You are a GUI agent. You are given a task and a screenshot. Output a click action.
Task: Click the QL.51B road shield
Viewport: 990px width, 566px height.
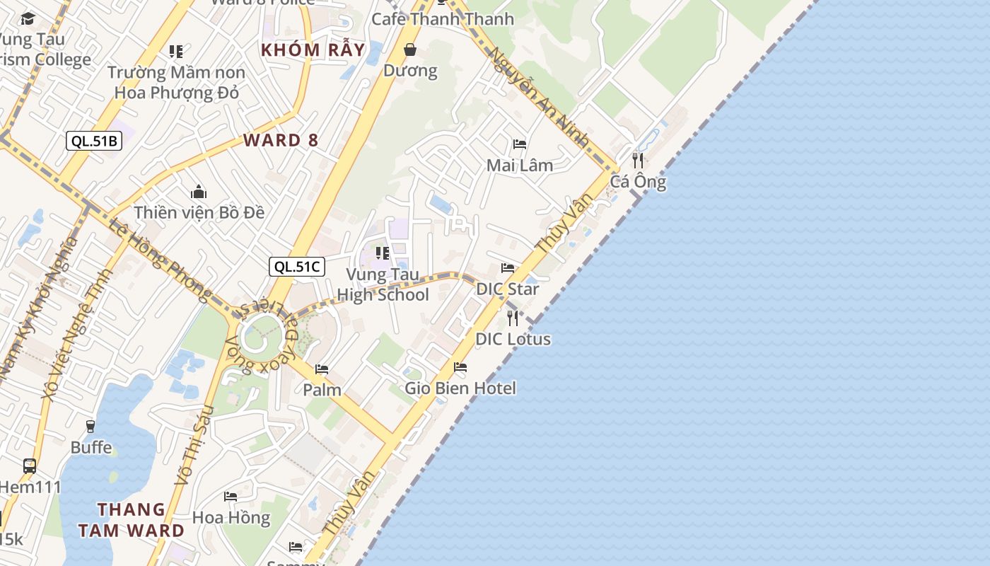coord(94,141)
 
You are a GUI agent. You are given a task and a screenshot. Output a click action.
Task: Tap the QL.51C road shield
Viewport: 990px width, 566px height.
coord(297,267)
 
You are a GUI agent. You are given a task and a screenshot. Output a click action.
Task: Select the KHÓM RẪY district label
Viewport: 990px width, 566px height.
coord(313,50)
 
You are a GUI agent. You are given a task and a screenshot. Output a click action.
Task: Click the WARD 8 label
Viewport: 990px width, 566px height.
coord(281,140)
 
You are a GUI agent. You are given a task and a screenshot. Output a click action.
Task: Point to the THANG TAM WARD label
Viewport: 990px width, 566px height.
coord(132,520)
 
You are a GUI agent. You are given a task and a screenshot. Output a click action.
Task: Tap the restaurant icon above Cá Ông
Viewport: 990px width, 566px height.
coord(638,160)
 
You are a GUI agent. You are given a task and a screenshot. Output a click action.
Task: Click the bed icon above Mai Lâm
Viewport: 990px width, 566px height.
coord(520,144)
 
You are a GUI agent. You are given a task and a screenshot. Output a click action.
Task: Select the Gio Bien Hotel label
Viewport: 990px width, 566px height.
coord(460,388)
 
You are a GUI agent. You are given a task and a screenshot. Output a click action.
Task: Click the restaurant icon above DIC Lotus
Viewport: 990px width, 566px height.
coord(513,318)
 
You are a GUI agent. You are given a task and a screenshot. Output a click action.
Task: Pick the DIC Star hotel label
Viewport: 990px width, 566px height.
coord(507,289)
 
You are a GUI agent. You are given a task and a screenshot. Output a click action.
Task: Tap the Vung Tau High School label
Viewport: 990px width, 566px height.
coord(383,284)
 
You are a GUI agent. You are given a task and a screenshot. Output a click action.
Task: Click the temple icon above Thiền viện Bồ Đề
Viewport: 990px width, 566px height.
coord(199,192)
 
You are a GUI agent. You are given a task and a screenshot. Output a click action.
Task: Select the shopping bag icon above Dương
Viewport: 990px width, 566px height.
coord(409,50)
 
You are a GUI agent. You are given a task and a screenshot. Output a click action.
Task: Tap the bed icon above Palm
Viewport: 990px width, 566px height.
coord(322,369)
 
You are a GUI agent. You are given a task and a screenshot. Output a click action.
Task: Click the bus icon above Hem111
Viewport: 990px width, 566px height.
coord(30,466)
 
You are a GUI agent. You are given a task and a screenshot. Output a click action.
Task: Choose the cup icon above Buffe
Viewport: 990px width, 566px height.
coord(91,426)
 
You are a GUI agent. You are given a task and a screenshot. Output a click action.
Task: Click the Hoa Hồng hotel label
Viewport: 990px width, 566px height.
coord(231,517)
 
